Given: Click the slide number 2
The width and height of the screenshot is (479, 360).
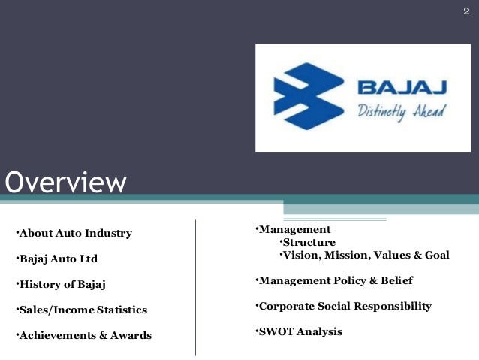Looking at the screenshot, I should (x=465, y=10).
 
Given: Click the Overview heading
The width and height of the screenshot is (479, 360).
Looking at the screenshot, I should (x=66, y=182).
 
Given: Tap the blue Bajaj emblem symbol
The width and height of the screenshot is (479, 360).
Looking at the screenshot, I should (x=304, y=97).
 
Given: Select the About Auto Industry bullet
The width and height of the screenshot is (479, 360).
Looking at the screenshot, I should (x=74, y=233).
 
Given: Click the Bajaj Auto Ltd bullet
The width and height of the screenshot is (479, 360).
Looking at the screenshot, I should (x=56, y=259).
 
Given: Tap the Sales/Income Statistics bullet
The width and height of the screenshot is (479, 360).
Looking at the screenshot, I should (x=81, y=310).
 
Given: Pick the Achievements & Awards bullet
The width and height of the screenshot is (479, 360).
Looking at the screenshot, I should (x=83, y=335).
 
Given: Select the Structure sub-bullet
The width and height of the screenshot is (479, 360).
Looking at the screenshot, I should (x=308, y=242).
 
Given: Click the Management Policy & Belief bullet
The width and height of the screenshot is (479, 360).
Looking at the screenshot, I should (x=334, y=280).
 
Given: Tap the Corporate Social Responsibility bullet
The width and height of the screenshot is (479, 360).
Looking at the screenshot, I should (x=344, y=306).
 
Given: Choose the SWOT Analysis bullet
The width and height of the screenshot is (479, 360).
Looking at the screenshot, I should (x=299, y=331).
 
